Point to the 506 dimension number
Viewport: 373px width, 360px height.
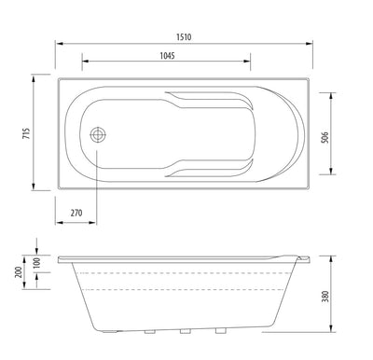(x=351, y=132)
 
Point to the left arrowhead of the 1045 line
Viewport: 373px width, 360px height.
(x=86, y=63)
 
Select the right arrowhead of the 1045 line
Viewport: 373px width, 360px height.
(x=250, y=63)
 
